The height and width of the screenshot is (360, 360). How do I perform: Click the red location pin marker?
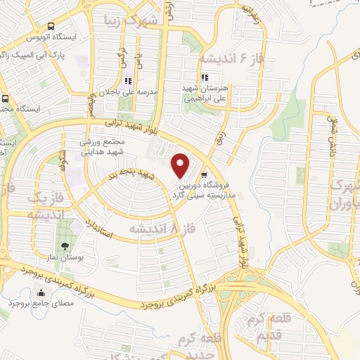181,165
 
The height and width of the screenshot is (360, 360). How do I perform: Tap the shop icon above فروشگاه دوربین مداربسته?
204,176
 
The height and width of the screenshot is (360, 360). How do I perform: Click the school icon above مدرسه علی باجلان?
127,81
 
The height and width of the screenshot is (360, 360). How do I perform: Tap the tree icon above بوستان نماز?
65,246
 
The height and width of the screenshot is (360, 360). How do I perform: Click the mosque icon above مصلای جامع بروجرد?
13,290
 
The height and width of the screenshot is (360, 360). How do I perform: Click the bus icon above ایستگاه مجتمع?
5,98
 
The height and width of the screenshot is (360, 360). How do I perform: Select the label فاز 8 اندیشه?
157,229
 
